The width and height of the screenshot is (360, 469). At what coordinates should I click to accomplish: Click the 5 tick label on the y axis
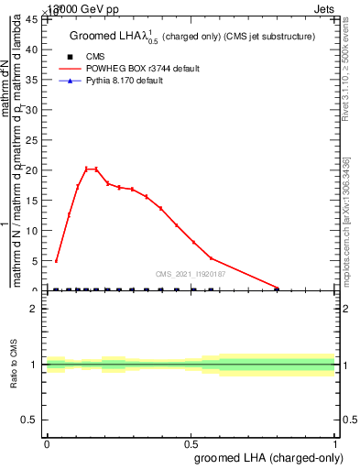tap(35, 261)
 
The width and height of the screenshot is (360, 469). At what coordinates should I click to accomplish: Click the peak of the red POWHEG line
tap(87, 169)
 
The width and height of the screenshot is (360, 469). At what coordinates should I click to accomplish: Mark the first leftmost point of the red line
tap(57, 261)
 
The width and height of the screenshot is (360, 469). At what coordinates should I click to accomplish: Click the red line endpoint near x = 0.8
tap(278, 288)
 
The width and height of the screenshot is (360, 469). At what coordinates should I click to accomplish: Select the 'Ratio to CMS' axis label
tap(14, 365)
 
